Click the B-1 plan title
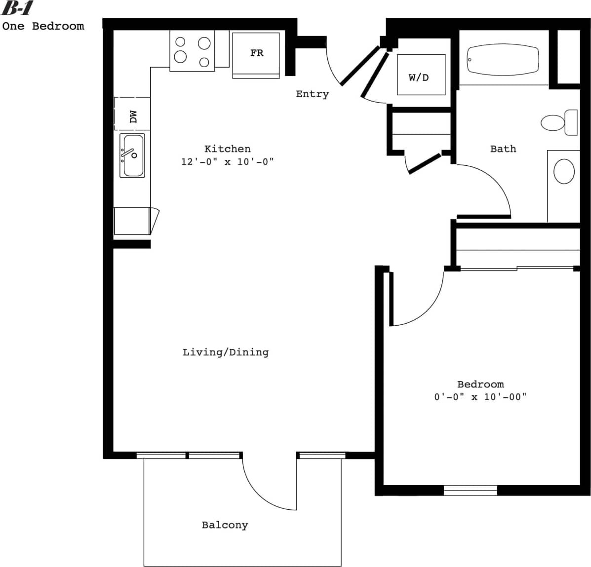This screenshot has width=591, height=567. point(18,8)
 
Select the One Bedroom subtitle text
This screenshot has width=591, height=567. point(43,26)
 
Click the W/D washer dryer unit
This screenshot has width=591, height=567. point(421,75)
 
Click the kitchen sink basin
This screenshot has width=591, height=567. point(133,155)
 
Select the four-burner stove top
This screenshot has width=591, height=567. point(193,50)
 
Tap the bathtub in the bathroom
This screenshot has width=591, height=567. point(503,60)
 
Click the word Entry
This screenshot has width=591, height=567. point(312,94)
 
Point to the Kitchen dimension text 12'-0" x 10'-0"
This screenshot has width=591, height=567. point(227,162)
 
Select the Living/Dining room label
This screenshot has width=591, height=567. point(226,352)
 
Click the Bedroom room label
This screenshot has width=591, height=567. point(480,384)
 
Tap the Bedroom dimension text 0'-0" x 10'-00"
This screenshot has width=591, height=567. point(480,397)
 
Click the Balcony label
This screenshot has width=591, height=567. point(225,525)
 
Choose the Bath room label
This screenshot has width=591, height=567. point(503,149)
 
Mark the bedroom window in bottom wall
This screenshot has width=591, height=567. point(470,490)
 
